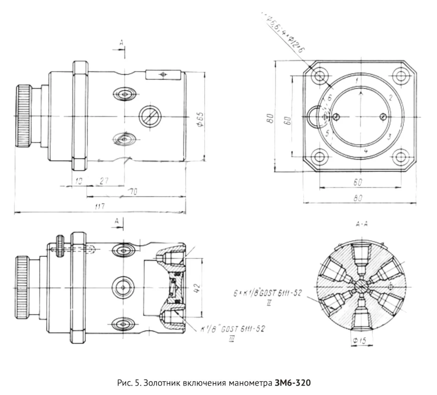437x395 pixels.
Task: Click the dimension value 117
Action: pos(100,206)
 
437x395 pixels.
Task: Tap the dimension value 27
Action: pos(103,180)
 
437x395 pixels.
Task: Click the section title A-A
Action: pos(362,223)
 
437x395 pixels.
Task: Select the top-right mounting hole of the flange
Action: pos(400,76)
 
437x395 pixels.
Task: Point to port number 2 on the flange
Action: pos(390,97)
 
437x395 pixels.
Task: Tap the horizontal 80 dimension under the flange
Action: pos(358,198)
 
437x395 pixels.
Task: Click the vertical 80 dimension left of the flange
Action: pos(270,118)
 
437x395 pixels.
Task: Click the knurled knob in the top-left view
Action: pos(24,116)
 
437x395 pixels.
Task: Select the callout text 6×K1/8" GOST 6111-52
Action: pos(269,293)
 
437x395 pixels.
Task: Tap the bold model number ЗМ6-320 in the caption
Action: pos(291,382)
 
